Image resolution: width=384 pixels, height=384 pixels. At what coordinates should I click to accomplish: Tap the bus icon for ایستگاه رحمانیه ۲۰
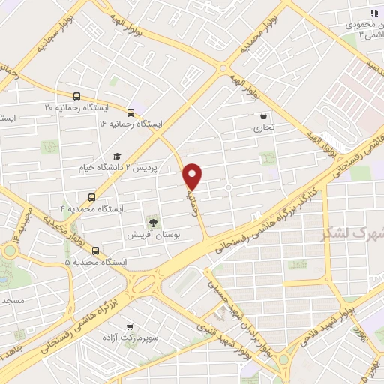(x=76, y=96)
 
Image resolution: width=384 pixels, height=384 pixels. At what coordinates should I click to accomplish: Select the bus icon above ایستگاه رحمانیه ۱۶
(x=132, y=112)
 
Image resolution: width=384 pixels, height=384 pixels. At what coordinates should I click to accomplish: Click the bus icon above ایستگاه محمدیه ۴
(x=91, y=197)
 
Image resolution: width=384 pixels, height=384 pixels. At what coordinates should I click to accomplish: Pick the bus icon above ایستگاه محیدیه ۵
(x=95, y=251)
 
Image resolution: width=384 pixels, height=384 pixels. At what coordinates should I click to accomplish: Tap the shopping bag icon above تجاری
(x=263, y=116)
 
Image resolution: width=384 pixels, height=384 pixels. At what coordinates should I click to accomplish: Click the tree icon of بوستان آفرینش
(x=153, y=222)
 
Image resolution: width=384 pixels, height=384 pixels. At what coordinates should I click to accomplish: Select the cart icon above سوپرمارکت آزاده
(x=130, y=327)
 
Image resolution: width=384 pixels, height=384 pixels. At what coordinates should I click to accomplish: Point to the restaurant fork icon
(x=373, y=13)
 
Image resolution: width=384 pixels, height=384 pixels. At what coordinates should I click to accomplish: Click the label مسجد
(x=13, y=300)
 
